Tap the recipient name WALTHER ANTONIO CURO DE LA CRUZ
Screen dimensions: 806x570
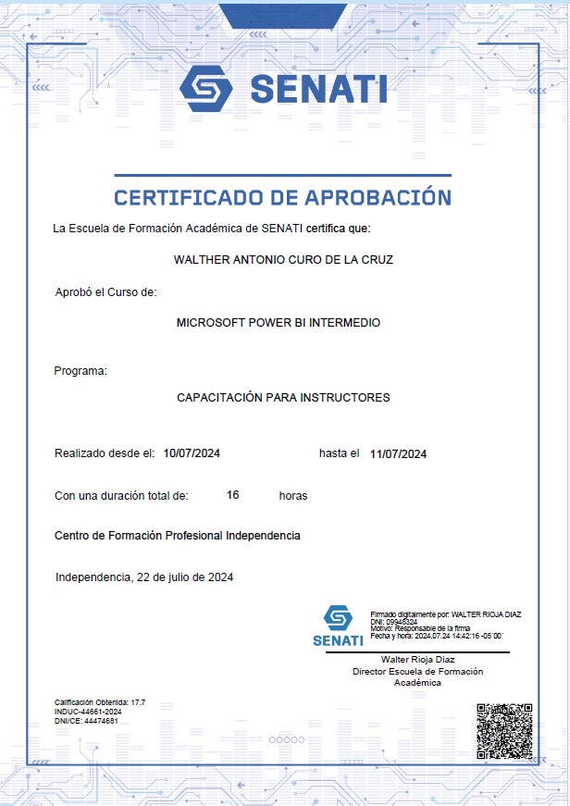pyautogui.click(x=283, y=260)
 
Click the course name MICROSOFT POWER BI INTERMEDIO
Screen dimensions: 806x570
pyautogui.click(x=278, y=323)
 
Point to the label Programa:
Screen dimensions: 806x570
pyautogui.click(x=81, y=371)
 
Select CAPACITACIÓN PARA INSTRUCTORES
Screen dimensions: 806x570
pyautogui.click(x=283, y=398)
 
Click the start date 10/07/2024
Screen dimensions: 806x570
pyautogui.click(x=192, y=453)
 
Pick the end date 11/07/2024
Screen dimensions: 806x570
pyautogui.click(x=398, y=453)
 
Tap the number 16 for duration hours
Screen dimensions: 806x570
pyautogui.click(x=233, y=495)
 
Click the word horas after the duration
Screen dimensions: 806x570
pyautogui.click(x=293, y=496)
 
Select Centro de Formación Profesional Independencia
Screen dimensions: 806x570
pyautogui.click(x=178, y=536)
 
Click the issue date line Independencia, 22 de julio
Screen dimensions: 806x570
pyautogui.click(x=144, y=577)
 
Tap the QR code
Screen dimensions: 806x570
pyautogui.click(x=504, y=731)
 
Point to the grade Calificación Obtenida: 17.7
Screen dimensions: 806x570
pyautogui.click(x=100, y=703)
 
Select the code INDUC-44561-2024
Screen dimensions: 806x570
pyautogui.click(x=89, y=712)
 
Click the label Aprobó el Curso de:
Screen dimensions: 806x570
pyautogui.click(x=106, y=292)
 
